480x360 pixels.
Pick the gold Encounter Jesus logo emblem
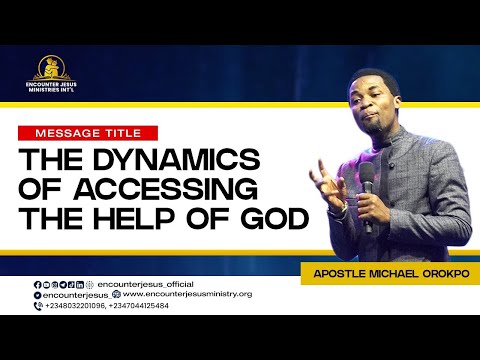coord(50,67)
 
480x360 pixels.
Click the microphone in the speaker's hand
coord(367,181)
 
